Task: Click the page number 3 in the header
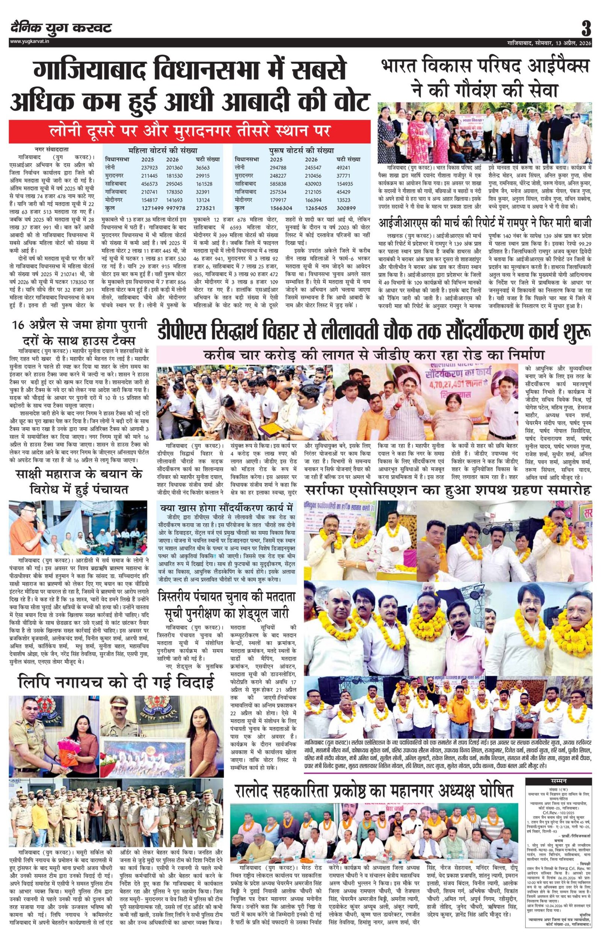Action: pyautogui.click(x=586, y=29)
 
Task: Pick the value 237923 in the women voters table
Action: pyautogui.click(x=149, y=167)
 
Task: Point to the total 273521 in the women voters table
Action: pyautogui.click(x=205, y=208)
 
